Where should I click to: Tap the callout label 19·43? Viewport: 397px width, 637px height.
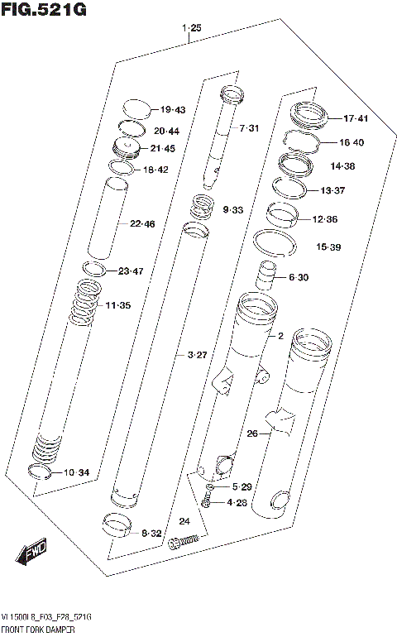coord(173,110)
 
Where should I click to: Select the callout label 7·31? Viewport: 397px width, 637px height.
coord(249,128)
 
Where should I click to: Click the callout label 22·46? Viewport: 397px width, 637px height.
coord(141,223)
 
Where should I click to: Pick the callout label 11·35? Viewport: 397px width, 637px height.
coord(117,306)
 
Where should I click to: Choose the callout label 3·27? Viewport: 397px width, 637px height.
coord(197,356)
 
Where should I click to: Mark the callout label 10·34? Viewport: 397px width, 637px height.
coord(76,472)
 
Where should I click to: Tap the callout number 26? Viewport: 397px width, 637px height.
coord(252,433)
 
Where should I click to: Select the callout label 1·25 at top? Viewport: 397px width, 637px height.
coord(191,29)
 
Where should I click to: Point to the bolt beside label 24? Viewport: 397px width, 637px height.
coord(184,542)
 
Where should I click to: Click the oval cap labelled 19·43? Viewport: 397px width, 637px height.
coord(136,108)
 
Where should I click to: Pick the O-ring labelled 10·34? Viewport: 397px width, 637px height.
coord(39,472)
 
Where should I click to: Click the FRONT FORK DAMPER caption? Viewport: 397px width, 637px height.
coord(41,630)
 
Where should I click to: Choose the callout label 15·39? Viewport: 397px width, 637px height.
coord(328,247)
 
